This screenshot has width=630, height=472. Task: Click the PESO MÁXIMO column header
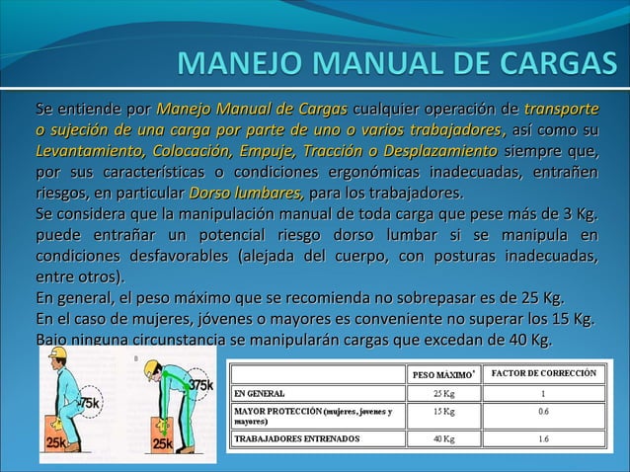[446, 375]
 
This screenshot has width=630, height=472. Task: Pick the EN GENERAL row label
[260, 393]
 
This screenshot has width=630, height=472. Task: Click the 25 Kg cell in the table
[446, 393]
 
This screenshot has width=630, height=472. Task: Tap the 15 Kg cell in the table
[446, 411]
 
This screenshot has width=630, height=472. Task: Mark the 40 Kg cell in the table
[446, 437]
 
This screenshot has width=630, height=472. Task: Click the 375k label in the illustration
[201, 385]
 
